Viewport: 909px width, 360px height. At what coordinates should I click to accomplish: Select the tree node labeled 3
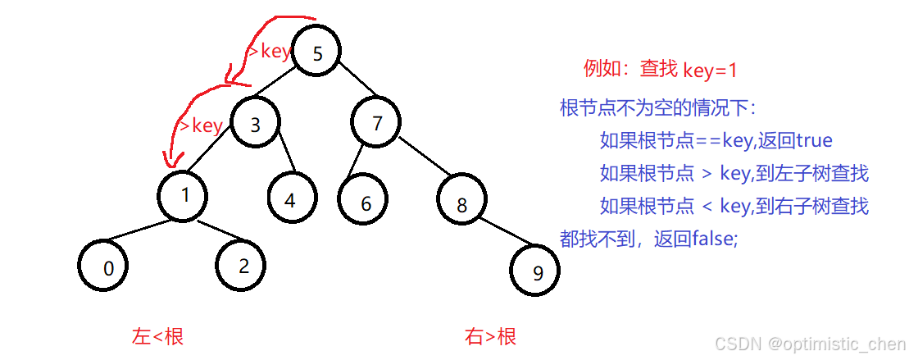pos(256,124)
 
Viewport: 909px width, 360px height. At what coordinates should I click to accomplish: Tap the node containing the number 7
pos(377,124)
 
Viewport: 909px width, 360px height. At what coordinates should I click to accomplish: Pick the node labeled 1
pos(184,195)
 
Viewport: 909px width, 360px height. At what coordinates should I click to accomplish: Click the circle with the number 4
pos(291,198)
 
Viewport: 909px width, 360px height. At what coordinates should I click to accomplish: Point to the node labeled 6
pos(366,203)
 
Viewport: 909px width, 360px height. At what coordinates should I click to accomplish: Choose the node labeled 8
pos(461,204)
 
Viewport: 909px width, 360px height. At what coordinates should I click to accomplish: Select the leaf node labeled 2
pos(243,265)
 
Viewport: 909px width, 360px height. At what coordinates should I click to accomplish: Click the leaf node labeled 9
pos(537,272)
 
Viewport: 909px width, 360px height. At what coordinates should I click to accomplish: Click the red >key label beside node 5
pos(269,52)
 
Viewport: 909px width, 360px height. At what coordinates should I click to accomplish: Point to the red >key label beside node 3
pos(201,125)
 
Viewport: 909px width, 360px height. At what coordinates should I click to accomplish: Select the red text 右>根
pos(491,336)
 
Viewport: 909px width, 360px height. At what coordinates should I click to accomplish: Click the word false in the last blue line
pos(714,239)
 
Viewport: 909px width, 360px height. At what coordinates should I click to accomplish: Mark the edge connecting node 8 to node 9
pos(503,234)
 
